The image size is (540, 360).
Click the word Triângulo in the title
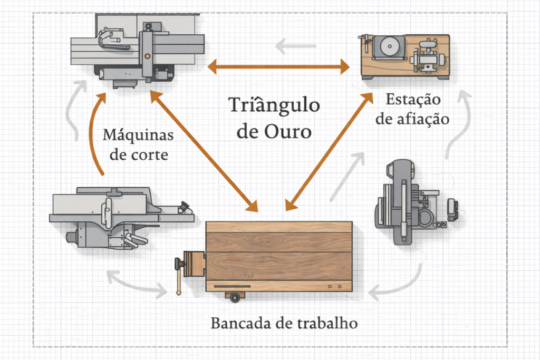[274, 105]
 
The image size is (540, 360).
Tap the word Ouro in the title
[288, 131]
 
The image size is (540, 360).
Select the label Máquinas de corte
[138, 144]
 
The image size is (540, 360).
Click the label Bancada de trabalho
[284, 323]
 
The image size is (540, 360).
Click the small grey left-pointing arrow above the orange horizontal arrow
[295, 46]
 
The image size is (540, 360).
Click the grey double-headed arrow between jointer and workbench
[137, 285]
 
